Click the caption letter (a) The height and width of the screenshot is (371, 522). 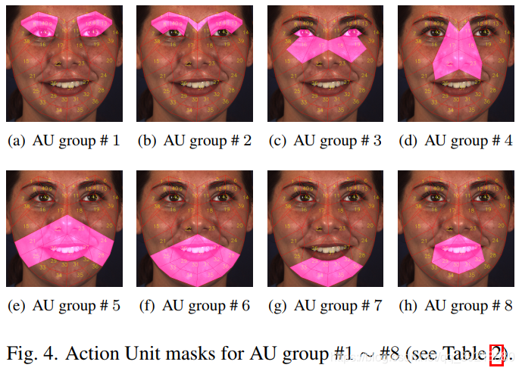(15, 141)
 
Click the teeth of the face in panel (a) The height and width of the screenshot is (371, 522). (64, 85)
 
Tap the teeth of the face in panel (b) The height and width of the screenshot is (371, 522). (195, 85)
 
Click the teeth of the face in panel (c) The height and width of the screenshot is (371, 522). (326, 85)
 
